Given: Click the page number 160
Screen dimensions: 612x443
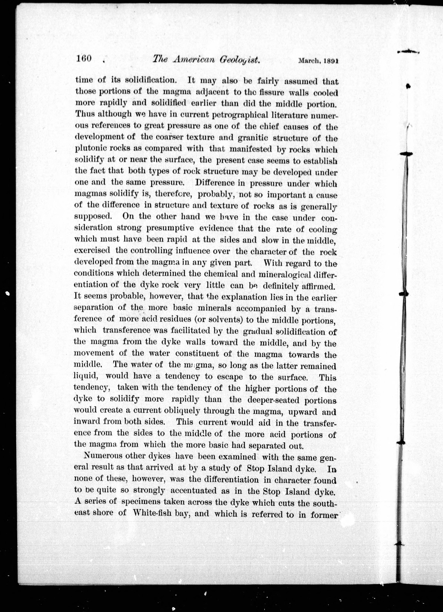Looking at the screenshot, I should (84, 59).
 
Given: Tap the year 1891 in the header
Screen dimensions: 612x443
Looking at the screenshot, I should (331, 61).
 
